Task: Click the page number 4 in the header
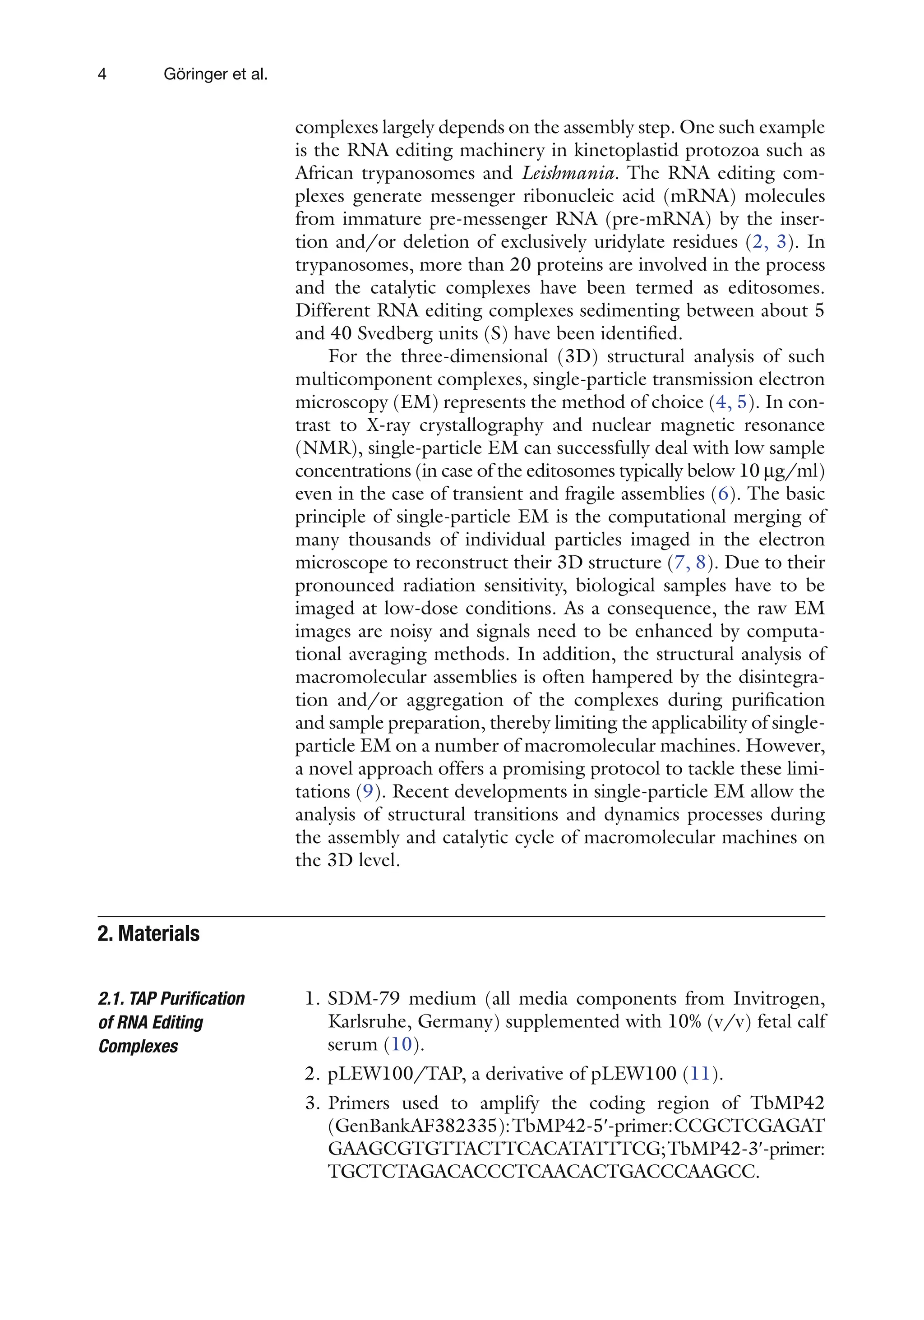coord(102,74)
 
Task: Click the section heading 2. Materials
coord(148,934)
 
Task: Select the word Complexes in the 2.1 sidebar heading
coord(138,1046)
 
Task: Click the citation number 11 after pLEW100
coord(700,1073)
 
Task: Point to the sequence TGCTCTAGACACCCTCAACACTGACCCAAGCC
coord(543,1171)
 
